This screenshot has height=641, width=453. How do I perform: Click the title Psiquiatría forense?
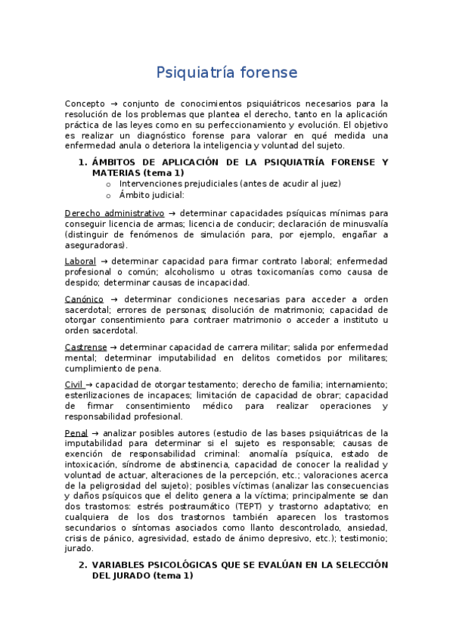pos(226,73)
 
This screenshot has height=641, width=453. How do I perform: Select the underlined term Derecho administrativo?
pos(114,214)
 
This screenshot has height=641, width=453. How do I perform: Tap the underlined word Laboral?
pos(80,261)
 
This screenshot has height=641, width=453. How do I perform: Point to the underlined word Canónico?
pos(84,299)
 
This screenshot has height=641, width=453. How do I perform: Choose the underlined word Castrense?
pos(86,347)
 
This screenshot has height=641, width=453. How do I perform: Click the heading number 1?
pos(82,162)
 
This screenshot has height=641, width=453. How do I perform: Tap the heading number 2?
pos(82,565)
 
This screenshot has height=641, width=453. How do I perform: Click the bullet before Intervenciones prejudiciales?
pos(109,184)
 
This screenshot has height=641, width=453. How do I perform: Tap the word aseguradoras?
pos(95,246)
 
